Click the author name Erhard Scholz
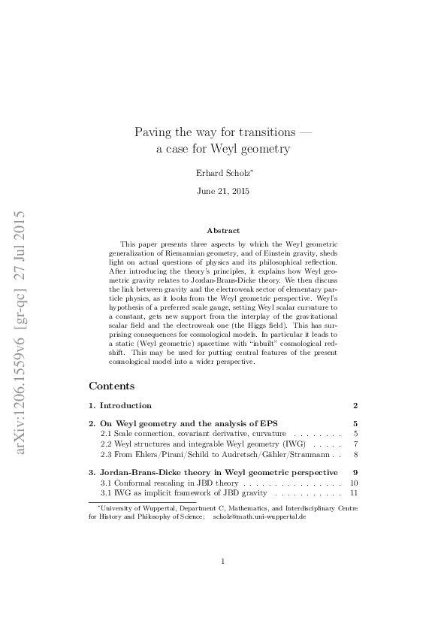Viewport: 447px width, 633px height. pyautogui.click(x=224, y=172)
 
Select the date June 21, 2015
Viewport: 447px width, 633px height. pyautogui.click(x=224, y=191)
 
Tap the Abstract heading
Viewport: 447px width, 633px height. pyautogui.click(x=224, y=231)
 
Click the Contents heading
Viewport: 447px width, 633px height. pyautogui.click(x=112, y=386)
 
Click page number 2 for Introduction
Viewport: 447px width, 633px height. pyautogui.click(x=355, y=405)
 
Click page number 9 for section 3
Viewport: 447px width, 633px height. pyautogui.click(x=355, y=472)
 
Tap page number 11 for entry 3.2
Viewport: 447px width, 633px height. pyautogui.click(x=353, y=493)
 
